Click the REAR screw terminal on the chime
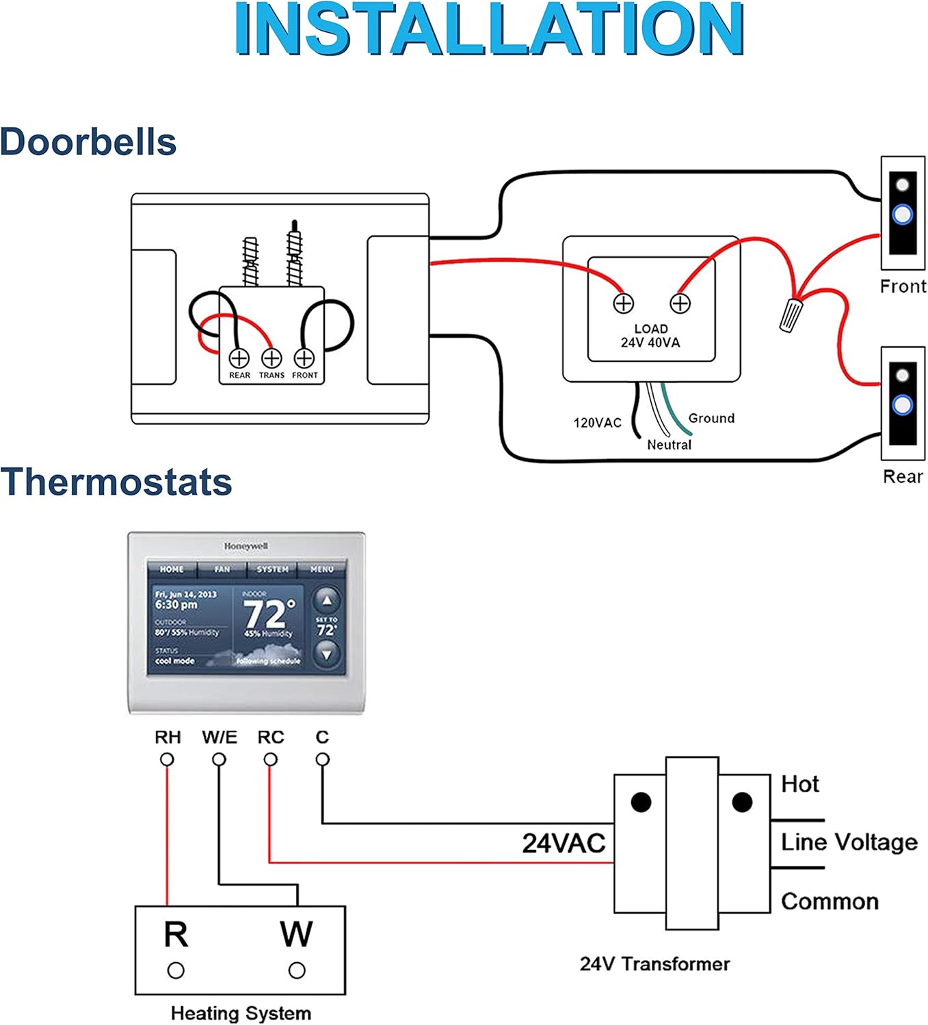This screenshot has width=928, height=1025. click(239, 358)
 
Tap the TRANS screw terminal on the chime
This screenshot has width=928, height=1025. click(271, 358)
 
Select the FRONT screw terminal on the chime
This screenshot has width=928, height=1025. click(304, 358)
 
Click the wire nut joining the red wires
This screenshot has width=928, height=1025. click(791, 314)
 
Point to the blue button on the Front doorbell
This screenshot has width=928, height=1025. click(903, 215)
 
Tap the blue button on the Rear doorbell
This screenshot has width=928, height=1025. click(903, 405)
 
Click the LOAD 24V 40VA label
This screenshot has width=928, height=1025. click(650, 336)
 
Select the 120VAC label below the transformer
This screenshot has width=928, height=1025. click(597, 423)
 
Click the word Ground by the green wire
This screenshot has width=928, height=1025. click(711, 418)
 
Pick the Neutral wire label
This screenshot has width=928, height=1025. click(669, 445)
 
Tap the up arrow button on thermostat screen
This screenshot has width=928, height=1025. click(327, 601)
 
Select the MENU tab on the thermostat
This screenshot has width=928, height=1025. click(321, 569)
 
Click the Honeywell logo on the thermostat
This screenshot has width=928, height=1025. click(246, 546)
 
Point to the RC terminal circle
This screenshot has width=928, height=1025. click(271, 759)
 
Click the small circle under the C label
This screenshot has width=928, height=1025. click(323, 759)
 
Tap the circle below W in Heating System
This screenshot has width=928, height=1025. click(297, 970)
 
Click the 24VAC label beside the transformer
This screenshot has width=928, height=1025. click(564, 843)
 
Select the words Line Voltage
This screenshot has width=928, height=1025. click(849, 842)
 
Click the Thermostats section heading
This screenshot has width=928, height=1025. click(116, 482)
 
